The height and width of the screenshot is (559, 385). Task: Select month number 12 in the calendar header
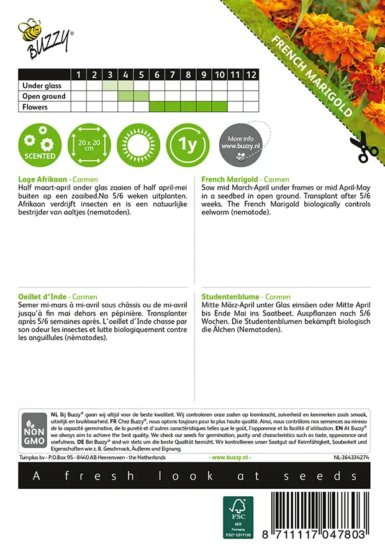pyautogui.click(x=250, y=75)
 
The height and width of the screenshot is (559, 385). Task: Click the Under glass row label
pyautogui.click(x=43, y=86)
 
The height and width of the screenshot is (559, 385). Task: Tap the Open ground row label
pyautogui.click(x=43, y=96)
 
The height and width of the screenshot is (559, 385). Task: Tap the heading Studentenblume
pyautogui.click(x=230, y=298)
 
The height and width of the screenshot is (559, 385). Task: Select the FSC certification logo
pyautogui.click(x=238, y=517)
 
